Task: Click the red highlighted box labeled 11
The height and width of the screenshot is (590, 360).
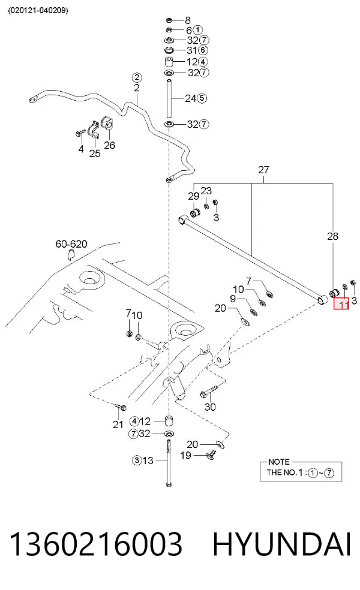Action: coord(341,303)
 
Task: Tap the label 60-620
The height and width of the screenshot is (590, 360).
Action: coord(71,244)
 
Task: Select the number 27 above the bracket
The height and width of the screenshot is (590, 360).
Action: coord(263,170)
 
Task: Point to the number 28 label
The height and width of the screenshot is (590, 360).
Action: coord(332,236)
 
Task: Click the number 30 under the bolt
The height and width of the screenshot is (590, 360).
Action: coord(210,407)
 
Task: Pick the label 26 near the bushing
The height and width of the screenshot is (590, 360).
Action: coord(110,145)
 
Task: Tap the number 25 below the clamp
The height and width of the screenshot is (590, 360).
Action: coord(95,153)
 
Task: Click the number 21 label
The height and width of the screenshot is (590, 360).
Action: coord(118,425)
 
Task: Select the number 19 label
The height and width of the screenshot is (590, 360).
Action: coord(185,455)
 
